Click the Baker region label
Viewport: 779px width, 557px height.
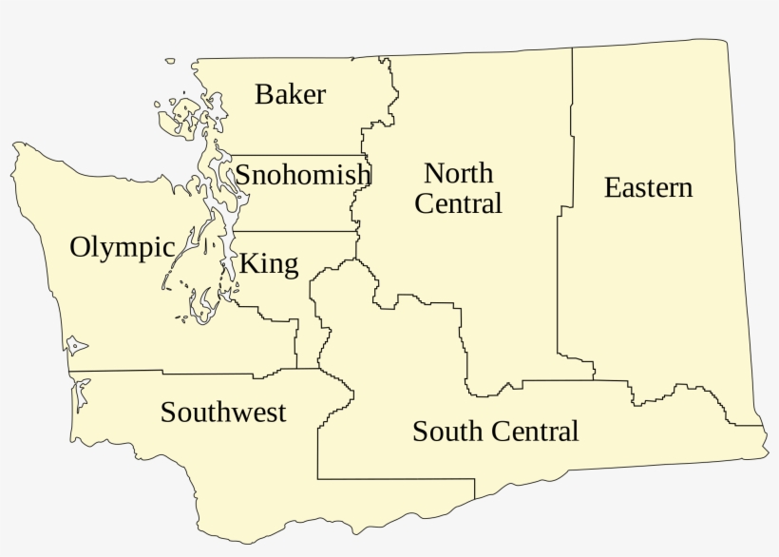point(290,95)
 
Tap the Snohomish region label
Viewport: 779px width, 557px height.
point(302,176)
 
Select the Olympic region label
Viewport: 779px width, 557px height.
point(122,248)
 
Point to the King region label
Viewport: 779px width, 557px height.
point(268,263)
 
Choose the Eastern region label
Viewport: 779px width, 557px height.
point(648,188)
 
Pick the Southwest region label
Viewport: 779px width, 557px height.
point(223,413)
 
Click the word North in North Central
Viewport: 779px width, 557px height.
point(458,173)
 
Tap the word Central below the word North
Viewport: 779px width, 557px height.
point(458,203)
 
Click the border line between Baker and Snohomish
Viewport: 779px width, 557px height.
point(294,155)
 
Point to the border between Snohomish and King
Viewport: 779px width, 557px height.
point(294,231)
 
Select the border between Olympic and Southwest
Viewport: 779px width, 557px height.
point(114,371)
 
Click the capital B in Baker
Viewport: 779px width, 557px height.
point(263,95)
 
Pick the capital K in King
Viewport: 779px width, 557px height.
point(248,263)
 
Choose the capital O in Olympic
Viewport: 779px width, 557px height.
point(82,247)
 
